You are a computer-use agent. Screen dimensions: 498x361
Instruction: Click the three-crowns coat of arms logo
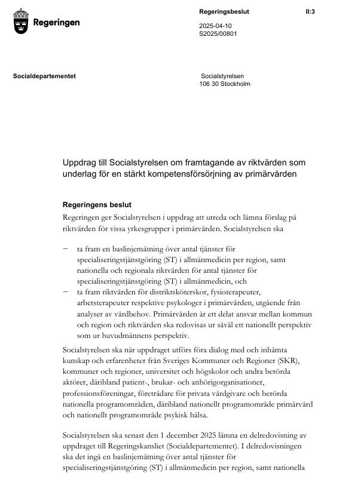pos(22,22)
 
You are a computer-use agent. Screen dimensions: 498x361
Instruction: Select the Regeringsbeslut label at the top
pos(224,11)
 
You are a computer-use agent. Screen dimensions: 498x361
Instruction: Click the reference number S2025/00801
pos(218,34)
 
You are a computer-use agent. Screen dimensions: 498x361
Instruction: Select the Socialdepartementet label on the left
pos(44,76)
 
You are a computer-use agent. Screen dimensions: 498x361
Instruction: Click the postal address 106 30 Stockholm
pos(225,84)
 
